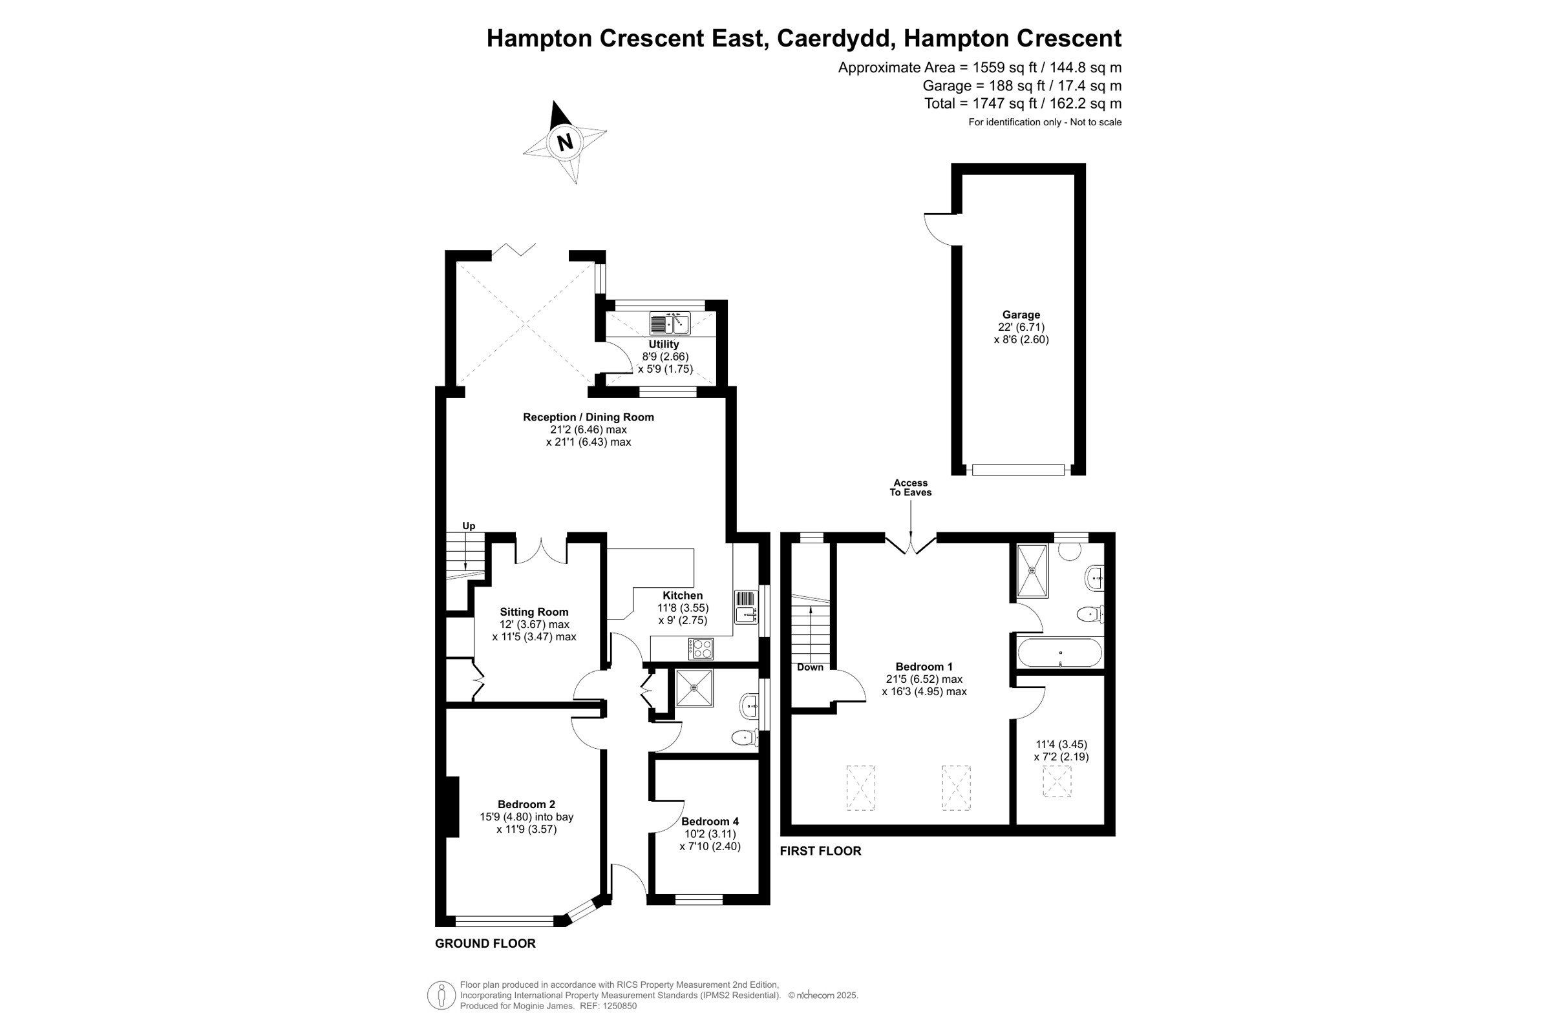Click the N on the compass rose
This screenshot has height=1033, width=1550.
coord(565,142)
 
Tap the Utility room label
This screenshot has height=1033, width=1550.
coord(664,344)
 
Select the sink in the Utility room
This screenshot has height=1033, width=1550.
coord(670,324)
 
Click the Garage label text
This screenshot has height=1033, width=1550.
coord(1021,315)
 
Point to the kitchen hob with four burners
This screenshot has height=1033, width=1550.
coord(701,649)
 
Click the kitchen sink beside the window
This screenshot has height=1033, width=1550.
coord(747,607)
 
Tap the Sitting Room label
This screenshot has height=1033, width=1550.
coord(534,612)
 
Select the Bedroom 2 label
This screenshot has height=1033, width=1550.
coord(526,804)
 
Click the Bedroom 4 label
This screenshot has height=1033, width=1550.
coord(710,822)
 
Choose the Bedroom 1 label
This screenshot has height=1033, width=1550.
coord(924,667)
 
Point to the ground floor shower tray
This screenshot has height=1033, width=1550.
coord(694,688)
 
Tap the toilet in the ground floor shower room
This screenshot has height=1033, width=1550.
coord(745,738)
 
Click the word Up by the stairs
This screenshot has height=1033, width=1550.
coord(469,526)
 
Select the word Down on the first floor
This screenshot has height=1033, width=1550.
coord(810,667)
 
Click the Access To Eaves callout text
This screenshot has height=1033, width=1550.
coord(911,488)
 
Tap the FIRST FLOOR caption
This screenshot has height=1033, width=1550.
coord(820,851)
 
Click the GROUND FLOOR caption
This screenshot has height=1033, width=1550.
coord(485,943)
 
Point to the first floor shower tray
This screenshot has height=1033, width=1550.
coord(1032,570)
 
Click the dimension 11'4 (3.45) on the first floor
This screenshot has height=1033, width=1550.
coord(1060,744)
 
